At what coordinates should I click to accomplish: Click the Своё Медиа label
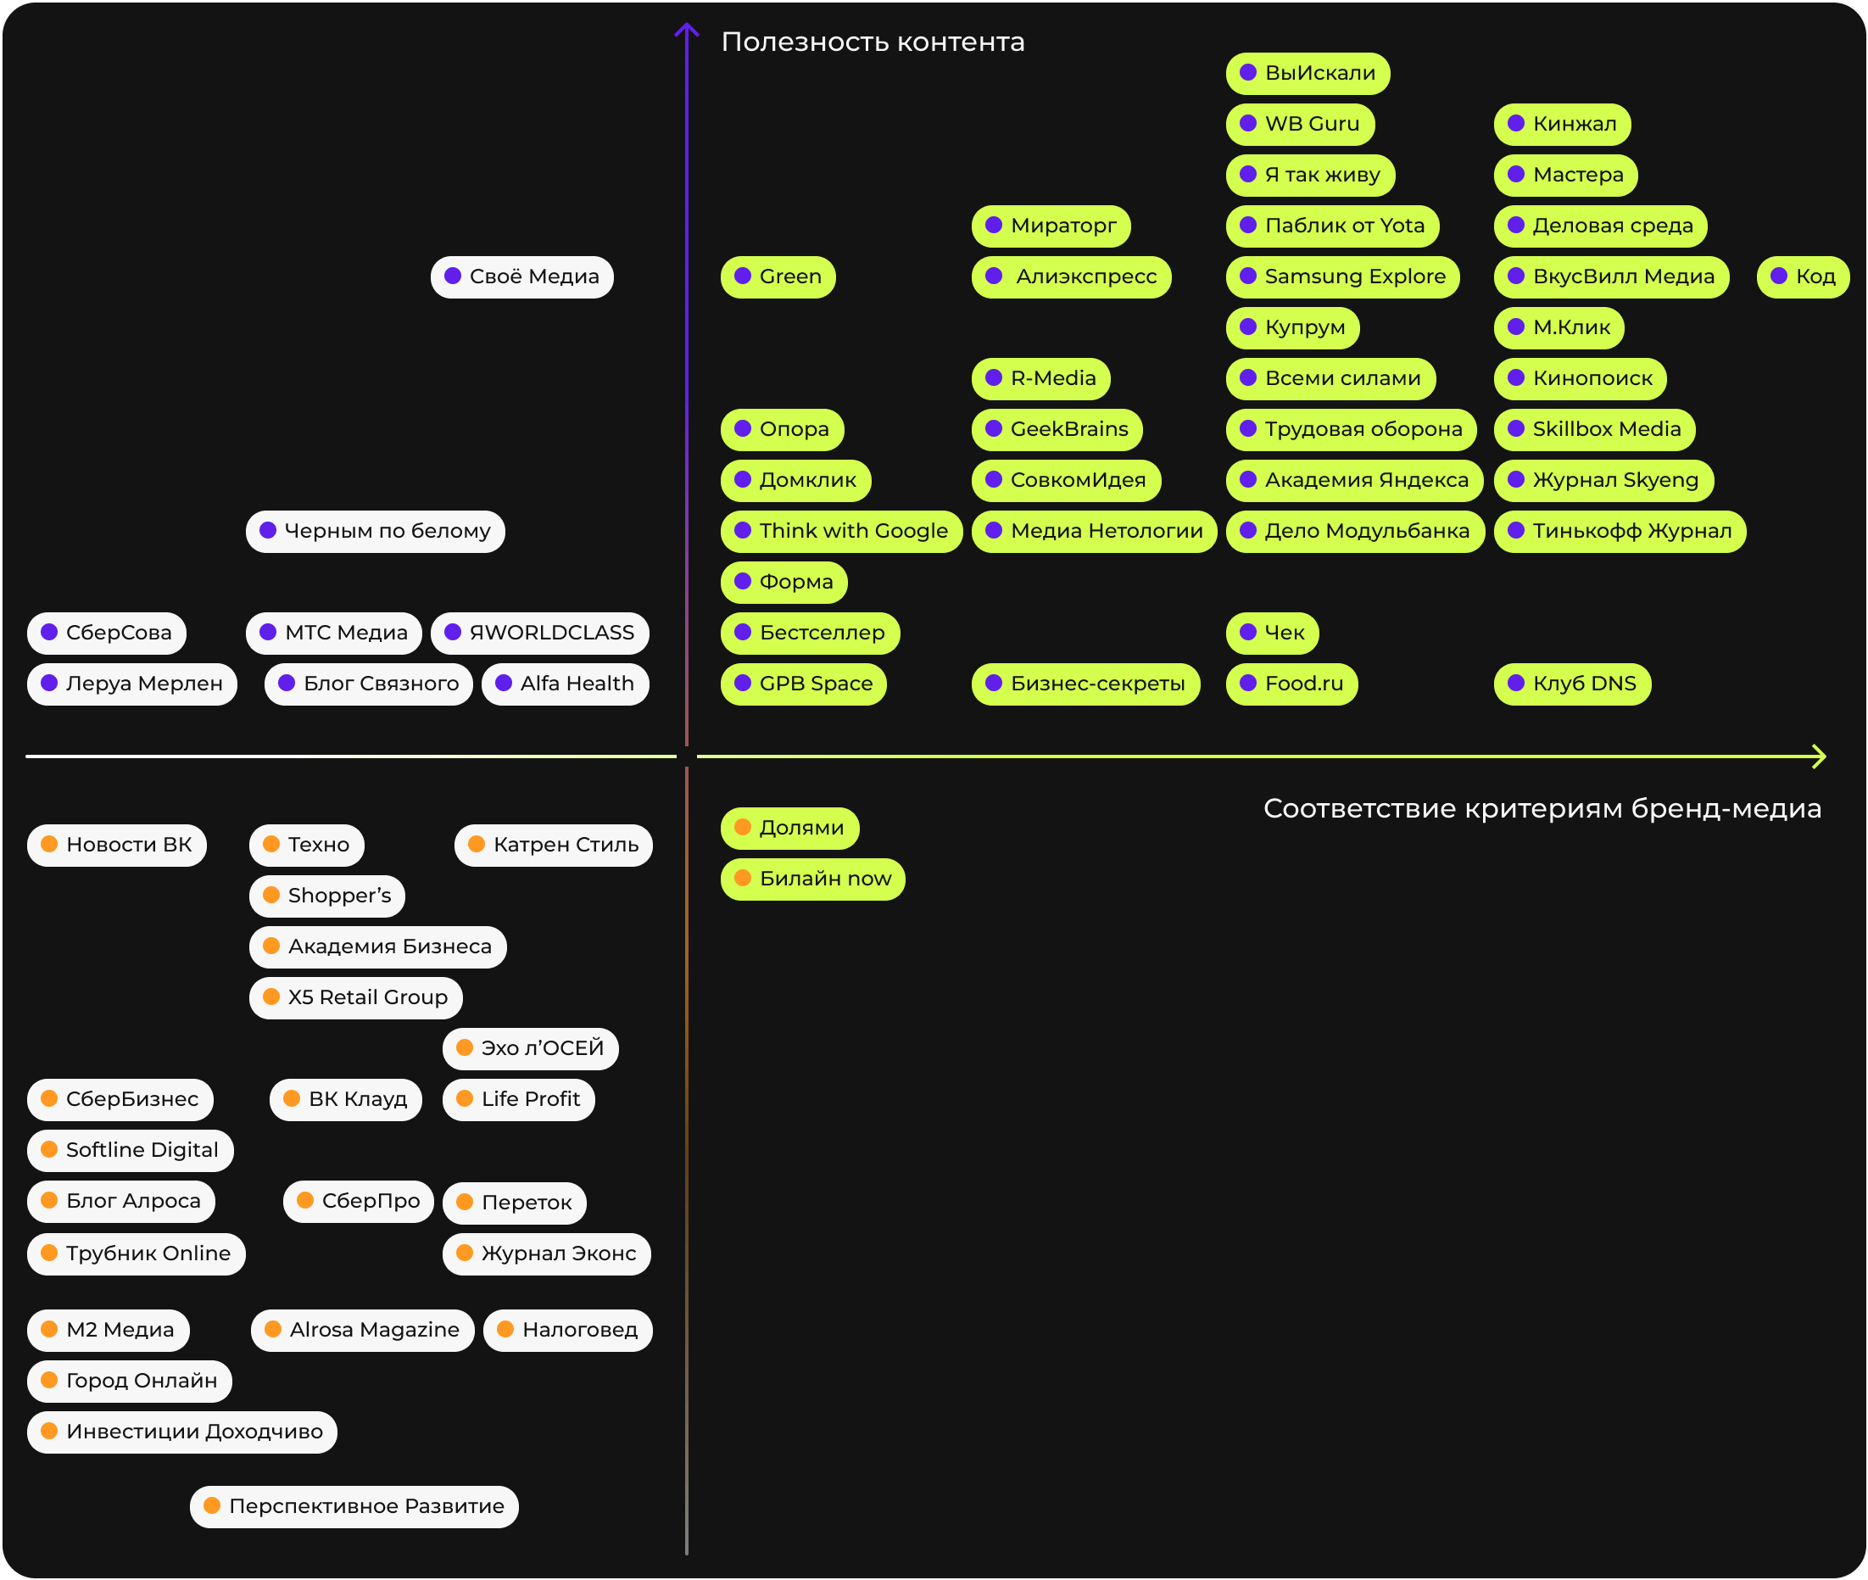pyautogui.click(x=522, y=276)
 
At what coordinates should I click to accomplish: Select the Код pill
pyautogui.click(x=1803, y=276)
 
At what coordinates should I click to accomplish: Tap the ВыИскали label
pyautogui.click(x=1308, y=74)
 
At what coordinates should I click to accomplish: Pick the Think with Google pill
pyautogui.click(x=841, y=531)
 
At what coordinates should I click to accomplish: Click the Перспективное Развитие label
pyautogui.click(x=354, y=1505)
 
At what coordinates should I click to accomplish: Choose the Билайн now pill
pyautogui.click(x=812, y=879)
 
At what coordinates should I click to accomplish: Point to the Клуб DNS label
pyautogui.click(x=1572, y=684)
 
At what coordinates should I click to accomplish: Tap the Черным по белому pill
pyautogui.click(x=376, y=531)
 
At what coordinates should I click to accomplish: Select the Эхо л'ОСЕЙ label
pyautogui.click(x=530, y=1048)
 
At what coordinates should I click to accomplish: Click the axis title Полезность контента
pyautogui.click(x=873, y=42)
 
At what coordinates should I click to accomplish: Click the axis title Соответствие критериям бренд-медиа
pyautogui.click(x=1542, y=809)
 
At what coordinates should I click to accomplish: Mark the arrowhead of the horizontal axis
pyautogui.click(x=1821, y=757)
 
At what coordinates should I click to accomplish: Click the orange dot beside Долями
pyautogui.click(x=742, y=827)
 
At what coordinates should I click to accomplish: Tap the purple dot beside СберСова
pyautogui.click(x=49, y=633)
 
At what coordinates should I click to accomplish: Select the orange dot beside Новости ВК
pyautogui.click(x=49, y=844)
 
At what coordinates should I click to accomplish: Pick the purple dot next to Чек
pyautogui.click(x=1247, y=633)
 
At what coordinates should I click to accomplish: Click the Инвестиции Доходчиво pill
pyautogui.click(x=181, y=1432)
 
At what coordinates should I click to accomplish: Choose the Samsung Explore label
pyautogui.click(x=1342, y=276)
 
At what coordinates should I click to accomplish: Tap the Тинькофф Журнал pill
pyautogui.click(x=1620, y=531)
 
